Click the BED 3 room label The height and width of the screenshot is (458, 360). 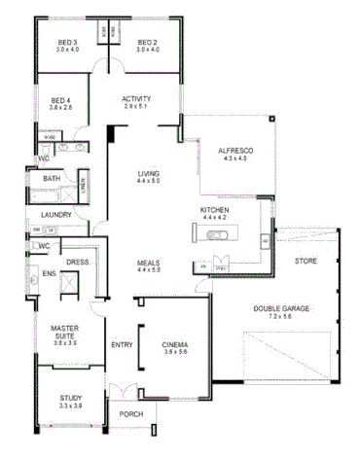(66, 43)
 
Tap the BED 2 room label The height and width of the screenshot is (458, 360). (147, 43)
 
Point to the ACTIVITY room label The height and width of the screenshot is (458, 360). (135, 99)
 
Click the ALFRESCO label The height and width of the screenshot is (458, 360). (236, 150)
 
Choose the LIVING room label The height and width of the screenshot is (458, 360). (148, 174)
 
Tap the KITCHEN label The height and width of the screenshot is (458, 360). (214, 211)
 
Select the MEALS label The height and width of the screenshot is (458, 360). (148, 263)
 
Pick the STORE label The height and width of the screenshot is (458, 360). (306, 261)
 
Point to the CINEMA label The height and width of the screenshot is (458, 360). (175, 345)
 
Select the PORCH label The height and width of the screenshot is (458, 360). (130, 413)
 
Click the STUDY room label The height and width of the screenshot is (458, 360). (69, 397)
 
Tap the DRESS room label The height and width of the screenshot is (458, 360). (77, 262)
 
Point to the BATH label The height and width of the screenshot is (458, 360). (51, 179)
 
